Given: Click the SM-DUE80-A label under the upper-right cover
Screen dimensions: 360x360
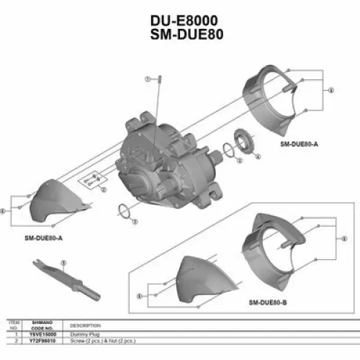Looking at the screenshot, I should tap(299, 144).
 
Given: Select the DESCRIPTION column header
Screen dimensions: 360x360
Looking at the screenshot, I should tap(84, 325).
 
